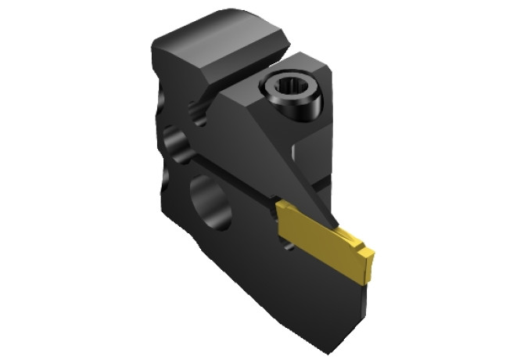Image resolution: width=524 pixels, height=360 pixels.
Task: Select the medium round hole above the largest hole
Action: (x=177, y=145)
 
